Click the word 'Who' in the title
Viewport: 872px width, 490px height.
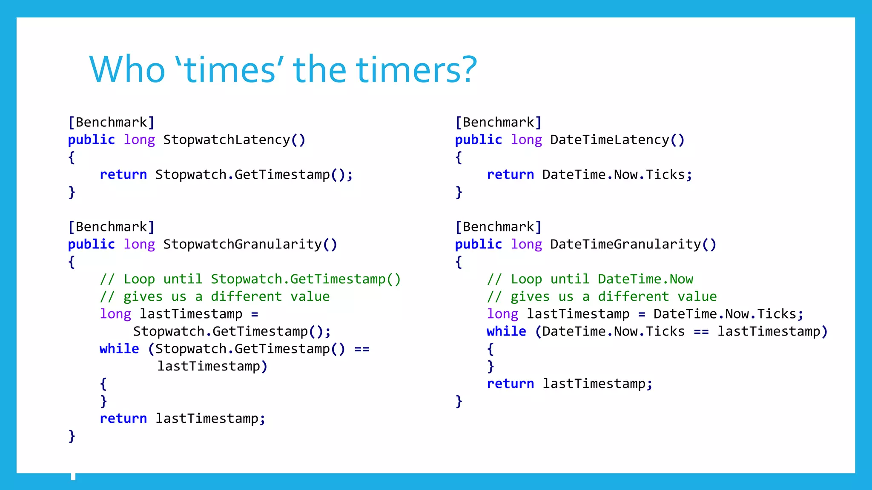pyautogui.click(x=127, y=69)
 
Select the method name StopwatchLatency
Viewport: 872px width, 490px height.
pyautogui.click(x=227, y=140)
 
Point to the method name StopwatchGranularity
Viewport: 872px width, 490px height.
pyautogui.click(x=242, y=245)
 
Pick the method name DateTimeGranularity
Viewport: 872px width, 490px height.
pyautogui.click(x=625, y=245)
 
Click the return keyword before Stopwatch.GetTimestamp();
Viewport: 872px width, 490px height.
pyautogui.click(x=123, y=175)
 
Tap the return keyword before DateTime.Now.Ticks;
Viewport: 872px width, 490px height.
pyautogui.click(x=510, y=175)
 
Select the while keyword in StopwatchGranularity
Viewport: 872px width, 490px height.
pyautogui.click(x=119, y=349)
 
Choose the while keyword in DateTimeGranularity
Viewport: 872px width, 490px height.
pyautogui.click(x=506, y=331)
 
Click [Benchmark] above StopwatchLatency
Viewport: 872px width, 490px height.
pyautogui.click(x=111, y=122)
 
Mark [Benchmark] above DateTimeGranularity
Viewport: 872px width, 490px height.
pyautogui.click(x=498, y=227)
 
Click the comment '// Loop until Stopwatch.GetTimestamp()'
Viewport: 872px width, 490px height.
pyautogui.click(x=250, y=279)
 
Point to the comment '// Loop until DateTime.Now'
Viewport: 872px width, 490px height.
pyautogui.click(x=590, y=279)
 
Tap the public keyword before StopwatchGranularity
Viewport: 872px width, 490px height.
pyautogui.click(x=92, y=245)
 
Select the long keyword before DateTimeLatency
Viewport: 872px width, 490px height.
pyautogui.click(x=526, y=140)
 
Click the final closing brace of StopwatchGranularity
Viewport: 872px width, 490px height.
pyautogui.click(x=72, y=436)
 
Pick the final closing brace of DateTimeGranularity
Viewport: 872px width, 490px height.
pyautogui.click(x=459, y=401)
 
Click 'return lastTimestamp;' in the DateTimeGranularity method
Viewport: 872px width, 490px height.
pyautogui.click(x=569, y=384)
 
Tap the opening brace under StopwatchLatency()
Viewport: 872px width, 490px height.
pyautogui.click(x=72, y=158)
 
